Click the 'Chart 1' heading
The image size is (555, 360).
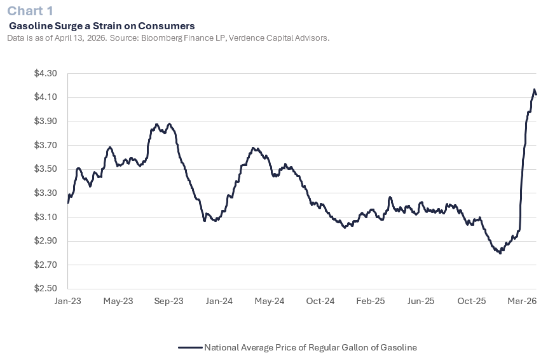pos(31,11)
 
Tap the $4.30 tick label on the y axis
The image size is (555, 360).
pos(46,74)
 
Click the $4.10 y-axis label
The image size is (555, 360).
pos(46,97)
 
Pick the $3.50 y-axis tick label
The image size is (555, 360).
pos(46,169)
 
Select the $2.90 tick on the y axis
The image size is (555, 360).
pos(46,241)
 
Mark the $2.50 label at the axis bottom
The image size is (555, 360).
pos(46,289)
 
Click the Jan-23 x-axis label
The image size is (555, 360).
pos(67,301)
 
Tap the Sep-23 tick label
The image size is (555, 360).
pos(168,301)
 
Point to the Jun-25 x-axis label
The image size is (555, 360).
pos(421,301)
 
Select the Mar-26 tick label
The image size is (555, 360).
pos(523,301)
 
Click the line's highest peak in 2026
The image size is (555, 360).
pos(534,90)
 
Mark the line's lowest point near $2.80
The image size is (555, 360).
pos(500,253)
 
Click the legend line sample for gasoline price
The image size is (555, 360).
pos(190,347)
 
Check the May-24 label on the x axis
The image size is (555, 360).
pos(270,301)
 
